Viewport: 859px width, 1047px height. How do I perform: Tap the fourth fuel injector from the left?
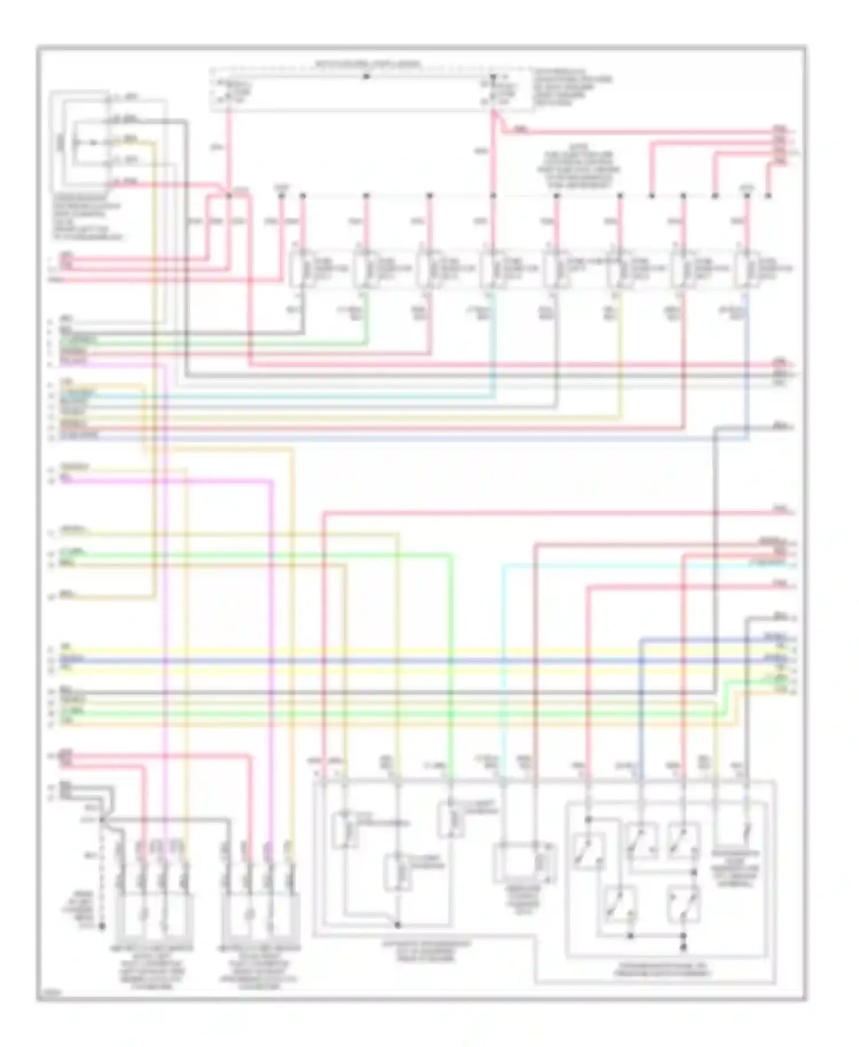pos(491,267)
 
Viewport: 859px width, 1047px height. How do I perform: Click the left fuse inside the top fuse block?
pos(228,90)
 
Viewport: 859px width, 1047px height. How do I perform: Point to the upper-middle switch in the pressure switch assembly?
pos(641,841)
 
